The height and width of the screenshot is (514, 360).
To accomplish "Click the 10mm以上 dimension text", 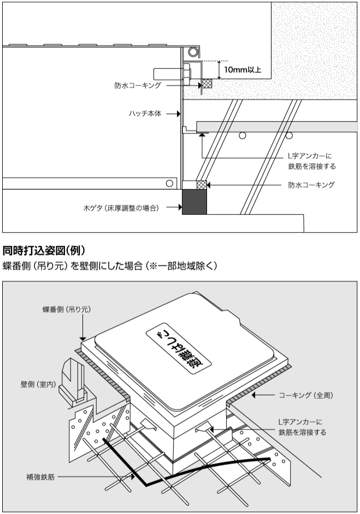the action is click(243, 69).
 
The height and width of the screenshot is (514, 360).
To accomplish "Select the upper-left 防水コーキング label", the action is click(138, 85).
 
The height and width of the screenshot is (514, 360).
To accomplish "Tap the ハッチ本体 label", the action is click(145, 114).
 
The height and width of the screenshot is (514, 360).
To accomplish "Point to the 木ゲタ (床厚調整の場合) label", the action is click(121, 208).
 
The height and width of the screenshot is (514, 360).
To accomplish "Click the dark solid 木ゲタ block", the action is click(194, 202).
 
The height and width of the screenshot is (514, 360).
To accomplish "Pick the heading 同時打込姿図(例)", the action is click(44, 251).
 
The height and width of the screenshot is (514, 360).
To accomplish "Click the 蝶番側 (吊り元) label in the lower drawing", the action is click(67, 309).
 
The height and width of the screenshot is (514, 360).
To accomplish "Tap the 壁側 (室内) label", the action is click(38, 384).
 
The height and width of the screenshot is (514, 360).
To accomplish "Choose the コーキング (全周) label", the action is click(306, 395).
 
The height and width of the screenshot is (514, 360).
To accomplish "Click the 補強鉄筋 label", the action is click(40, 477).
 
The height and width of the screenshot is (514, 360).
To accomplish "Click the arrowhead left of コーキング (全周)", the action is click(254, 395).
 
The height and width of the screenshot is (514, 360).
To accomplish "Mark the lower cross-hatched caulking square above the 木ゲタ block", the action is click(202, 185).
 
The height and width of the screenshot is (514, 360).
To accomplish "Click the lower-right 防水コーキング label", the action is click(311, 185).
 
